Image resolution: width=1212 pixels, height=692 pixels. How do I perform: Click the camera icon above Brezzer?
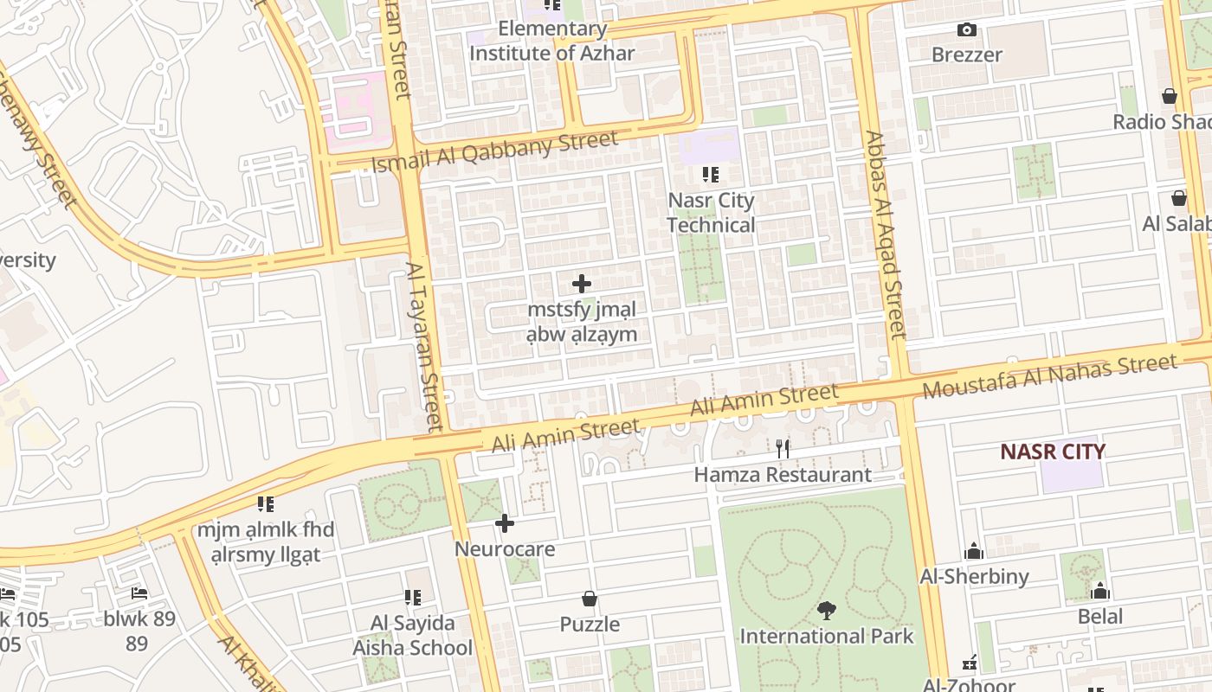(x=967, y=30)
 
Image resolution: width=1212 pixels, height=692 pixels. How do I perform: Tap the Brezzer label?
(x=967, y=54)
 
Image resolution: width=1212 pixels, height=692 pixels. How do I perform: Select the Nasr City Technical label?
(x=711, y=213)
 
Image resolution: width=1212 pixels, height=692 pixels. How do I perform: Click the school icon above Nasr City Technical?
(x=711, y=175)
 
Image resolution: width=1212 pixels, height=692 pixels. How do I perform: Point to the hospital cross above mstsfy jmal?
(x=582, y=284)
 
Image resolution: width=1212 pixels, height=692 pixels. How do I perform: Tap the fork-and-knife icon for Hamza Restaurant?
(x=783, y=448)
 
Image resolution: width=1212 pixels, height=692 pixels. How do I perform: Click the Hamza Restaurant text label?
(x=783, y=475)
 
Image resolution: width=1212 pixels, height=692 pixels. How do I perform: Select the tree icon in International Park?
(x=827, y=611)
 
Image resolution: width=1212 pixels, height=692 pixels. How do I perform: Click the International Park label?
(x=827, y=637)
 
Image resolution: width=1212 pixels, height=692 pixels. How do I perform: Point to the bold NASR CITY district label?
(x=1053, y=452)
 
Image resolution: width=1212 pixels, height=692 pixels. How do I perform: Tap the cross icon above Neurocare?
(x=505, y=523)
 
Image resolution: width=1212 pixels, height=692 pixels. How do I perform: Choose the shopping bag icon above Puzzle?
(x=590, y=599)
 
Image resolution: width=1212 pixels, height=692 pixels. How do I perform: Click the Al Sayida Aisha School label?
(x=413, y=635)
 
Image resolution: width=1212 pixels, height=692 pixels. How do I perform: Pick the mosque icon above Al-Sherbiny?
(x=974, y=552)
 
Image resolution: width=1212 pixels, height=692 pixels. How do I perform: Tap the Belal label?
(x=1100, y=617)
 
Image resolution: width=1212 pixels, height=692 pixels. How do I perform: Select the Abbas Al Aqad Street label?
(x=886, y=234)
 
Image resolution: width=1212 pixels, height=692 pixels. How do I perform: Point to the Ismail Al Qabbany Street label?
(x=494, y=151)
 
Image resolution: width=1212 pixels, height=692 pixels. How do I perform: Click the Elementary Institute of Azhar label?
(x=552, y=41)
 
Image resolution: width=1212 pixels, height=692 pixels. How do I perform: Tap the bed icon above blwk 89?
(x=139, y=593)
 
